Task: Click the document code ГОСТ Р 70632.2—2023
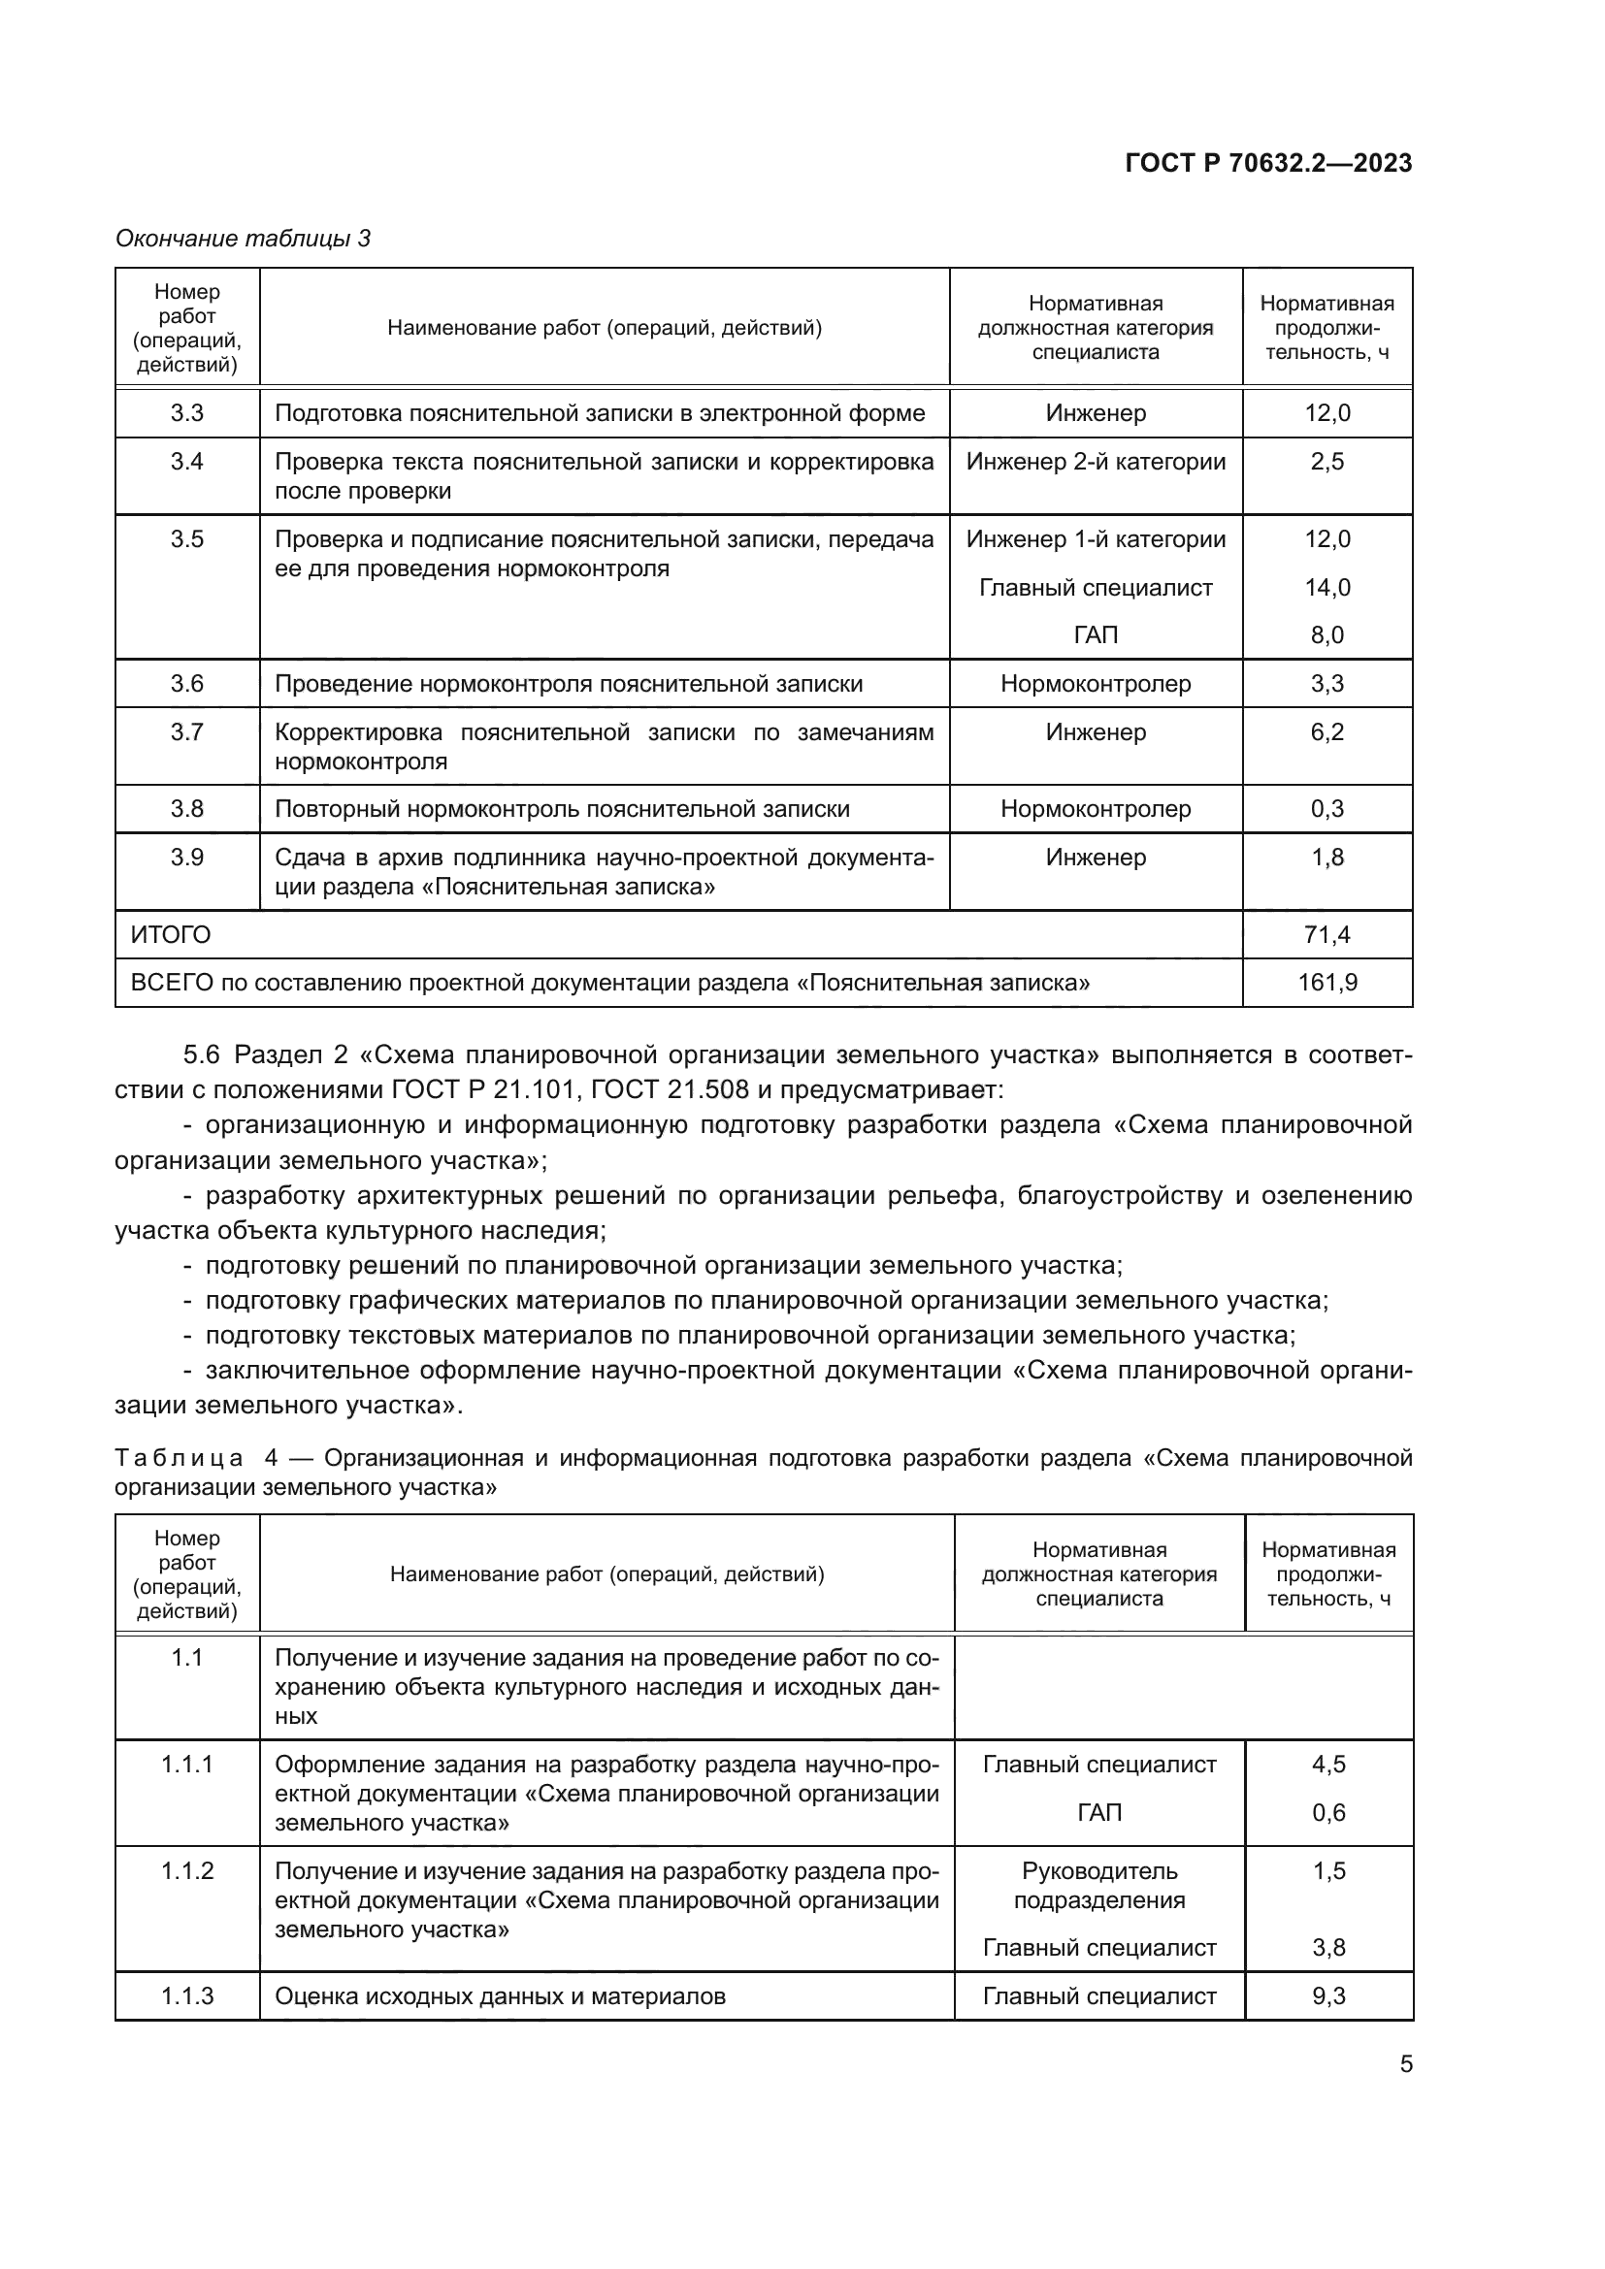1269,164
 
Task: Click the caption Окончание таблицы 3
244,239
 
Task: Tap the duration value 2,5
1327,462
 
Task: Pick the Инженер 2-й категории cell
1096,462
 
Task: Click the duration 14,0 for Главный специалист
1327,588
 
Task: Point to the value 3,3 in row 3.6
1327,684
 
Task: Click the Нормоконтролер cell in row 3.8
1096,809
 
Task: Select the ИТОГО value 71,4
1327,935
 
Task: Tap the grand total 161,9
1327,983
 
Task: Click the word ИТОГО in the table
171,935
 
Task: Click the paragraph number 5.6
202,1055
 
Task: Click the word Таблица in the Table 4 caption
179,1459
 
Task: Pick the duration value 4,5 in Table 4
1329,1765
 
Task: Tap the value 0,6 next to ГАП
1329,1813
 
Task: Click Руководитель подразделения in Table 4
1099,1886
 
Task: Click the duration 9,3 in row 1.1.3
1329,1996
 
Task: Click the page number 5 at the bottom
1405,2064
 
